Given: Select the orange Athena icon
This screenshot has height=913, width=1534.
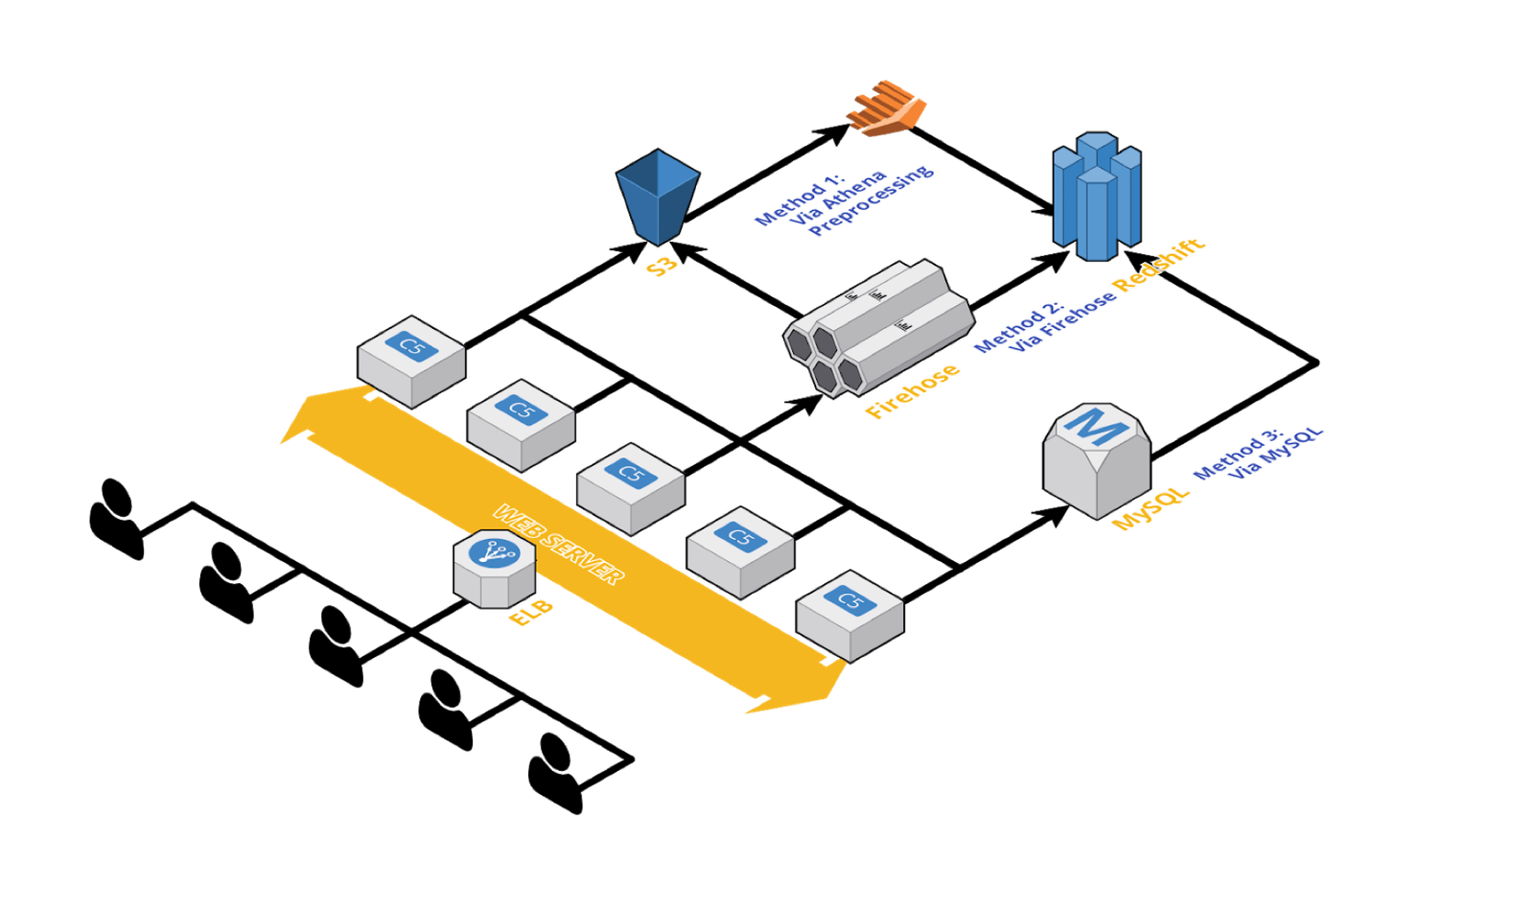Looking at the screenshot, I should coord(886,107).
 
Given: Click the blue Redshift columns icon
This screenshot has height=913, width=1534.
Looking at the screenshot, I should coord(1096,197).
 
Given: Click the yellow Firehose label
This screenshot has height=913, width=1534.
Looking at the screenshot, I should coord(913,390).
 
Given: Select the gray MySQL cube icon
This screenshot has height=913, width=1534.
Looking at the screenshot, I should coord(1096,458).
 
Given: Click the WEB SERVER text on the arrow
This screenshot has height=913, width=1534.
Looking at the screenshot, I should coord(559,544).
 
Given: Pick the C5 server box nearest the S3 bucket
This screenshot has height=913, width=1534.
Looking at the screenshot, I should coord(411,360).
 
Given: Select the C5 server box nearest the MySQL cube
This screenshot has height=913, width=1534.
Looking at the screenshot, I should coord(849,615).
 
